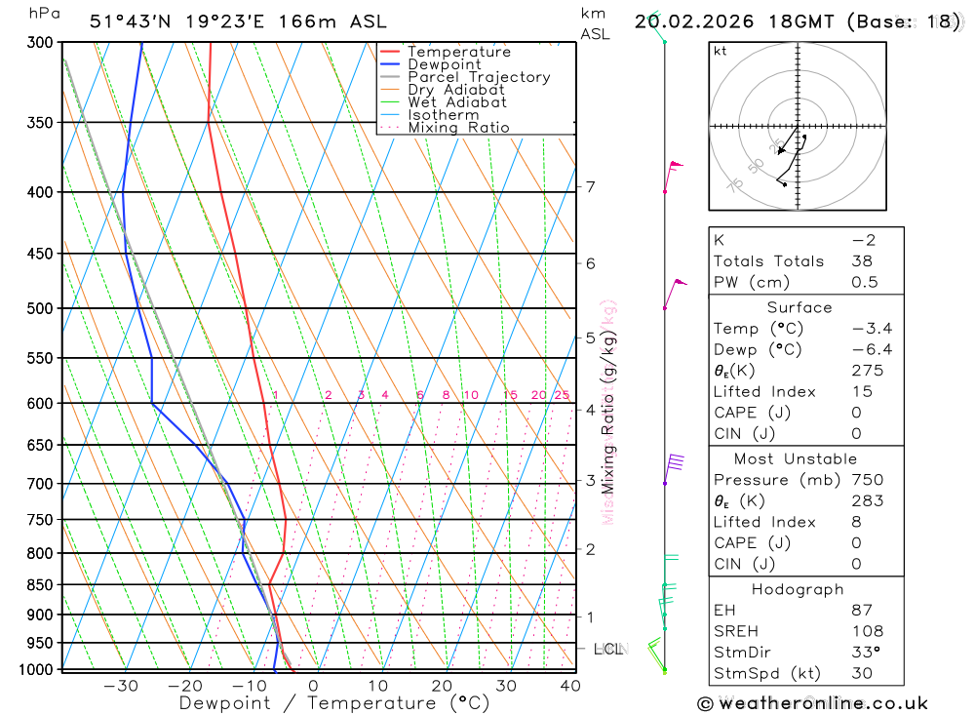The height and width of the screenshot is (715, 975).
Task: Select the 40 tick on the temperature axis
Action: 569,686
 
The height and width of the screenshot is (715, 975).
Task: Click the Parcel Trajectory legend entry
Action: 478,77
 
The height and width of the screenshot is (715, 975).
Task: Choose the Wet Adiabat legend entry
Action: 456,102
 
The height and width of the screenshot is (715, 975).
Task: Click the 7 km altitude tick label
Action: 590,186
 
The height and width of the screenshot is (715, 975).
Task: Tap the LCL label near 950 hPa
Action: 607,649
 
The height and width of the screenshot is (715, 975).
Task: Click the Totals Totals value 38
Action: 862,261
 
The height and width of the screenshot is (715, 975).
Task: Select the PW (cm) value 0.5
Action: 864,283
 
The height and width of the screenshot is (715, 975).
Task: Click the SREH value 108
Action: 867,632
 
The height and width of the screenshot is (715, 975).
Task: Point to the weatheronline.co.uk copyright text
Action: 812,703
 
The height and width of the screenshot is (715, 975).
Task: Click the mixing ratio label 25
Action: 562,395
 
